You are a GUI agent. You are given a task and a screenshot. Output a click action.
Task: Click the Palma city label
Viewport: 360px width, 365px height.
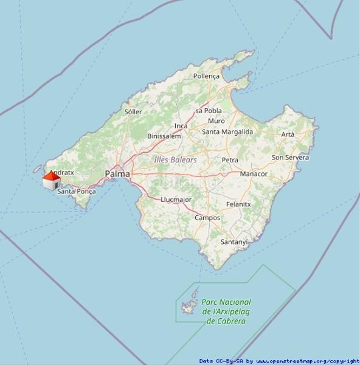pyautogui.click(x=117, y=174)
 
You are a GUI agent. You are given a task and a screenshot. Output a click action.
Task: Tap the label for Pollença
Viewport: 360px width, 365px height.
pyautogui.click(x=206, y=76)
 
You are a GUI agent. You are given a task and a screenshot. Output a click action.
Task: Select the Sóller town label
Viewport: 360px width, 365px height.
pyautogui.click(x=133, y=112)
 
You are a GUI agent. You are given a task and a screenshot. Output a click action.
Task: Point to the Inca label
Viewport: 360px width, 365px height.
pyautogui.click(x=181, y=126)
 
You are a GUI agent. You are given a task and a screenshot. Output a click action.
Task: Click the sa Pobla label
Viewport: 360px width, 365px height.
pyautogui.click(x=208, y=111)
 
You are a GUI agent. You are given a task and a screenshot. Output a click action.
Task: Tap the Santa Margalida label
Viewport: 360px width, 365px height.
pyautogui.click(x=227, y=131)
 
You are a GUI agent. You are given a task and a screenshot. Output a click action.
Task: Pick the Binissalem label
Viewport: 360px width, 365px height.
pyautogui.click(x=164, y=136)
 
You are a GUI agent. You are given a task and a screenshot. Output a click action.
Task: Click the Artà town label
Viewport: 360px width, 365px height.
pyautogui.click(x=288, y=134)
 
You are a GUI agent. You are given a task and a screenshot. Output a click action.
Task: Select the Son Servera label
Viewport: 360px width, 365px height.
pyautogui.click(x=290, y=157)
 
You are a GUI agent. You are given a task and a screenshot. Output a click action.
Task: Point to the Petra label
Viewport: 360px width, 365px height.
pyautogui.click(x=230, y=160)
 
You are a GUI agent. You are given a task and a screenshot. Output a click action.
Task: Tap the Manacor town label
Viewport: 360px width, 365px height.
pyautogui.click(x=254, y=173)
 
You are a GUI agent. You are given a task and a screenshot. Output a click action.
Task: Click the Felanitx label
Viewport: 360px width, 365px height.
pyautogui.click(x=238, y=204)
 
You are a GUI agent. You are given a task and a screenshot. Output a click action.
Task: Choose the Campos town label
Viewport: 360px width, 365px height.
pyautogui.click(x=207, y=217)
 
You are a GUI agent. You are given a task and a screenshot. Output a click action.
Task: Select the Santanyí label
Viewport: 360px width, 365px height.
pyautogui.click(x=234, y=242)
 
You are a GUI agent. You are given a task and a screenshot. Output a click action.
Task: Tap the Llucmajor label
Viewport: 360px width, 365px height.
pyautogui.click(x=176, y=200)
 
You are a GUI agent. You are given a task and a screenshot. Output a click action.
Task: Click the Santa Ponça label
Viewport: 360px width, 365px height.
pyautogui.click(x=77, y=191)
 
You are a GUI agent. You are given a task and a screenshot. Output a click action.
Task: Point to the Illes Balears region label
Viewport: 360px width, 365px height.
pyautogui.click(x=176, y=159)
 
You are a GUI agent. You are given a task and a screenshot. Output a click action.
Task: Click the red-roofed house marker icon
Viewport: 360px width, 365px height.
pyautogui.click(x=51, y=180)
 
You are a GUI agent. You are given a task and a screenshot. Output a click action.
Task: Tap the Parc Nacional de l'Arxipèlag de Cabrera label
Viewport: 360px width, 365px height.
pyautogui.click(x=226, y=311)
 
